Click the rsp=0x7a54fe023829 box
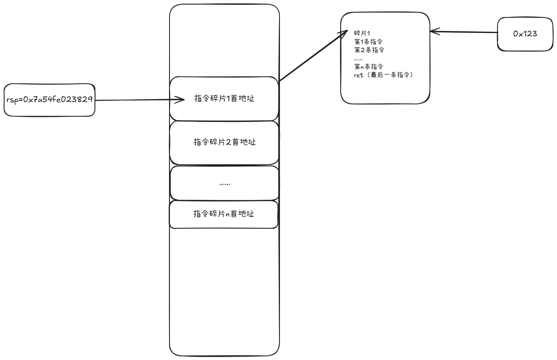point(49,100)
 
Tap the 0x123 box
point(525,34)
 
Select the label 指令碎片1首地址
point(224,98)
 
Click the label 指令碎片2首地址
point(224,142)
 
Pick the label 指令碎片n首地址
point(223,214)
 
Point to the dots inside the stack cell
point(225,184)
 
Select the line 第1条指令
point(368,42)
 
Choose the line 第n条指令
point(368,66)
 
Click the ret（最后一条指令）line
point(383,75)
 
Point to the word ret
point(359,75)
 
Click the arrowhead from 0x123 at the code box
point(434,31)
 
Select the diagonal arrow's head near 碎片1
point(344,33)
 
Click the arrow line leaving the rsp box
point(134,99)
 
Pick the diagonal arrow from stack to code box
point(312,56)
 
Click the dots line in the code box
point(358,59)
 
